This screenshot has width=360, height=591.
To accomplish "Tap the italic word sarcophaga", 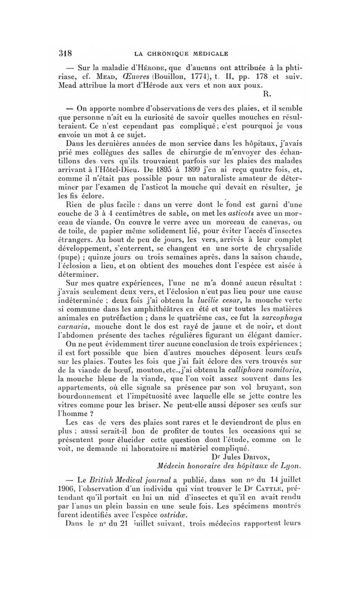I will pos(278,315).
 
